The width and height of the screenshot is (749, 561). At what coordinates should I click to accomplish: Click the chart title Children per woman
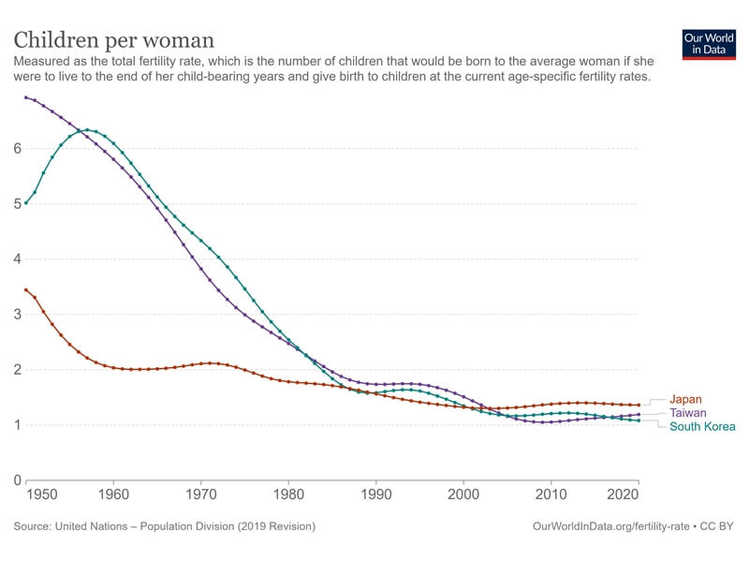tap(113, 40)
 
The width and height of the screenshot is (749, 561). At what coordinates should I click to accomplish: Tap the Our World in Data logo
tap(709, 45)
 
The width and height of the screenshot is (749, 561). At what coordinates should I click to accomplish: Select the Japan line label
tap(685, 399)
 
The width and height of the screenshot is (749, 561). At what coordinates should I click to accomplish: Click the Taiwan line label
tap(687, 413)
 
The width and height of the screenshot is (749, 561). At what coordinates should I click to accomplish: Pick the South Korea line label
tap(702, 427)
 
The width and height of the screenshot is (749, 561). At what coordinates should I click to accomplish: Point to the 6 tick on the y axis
tap(16, 148)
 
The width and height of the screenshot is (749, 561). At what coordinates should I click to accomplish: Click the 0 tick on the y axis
tap(16, 480)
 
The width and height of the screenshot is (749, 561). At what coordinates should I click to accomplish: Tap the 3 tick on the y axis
tap(16, 315)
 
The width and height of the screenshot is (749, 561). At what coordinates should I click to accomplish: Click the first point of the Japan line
tap(25, 289)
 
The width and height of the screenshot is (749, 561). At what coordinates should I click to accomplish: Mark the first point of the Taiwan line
tap(25, 96)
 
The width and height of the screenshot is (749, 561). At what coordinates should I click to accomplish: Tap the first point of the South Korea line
tap(25, 203)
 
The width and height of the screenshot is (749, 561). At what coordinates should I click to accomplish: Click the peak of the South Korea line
tap(87, 129)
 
